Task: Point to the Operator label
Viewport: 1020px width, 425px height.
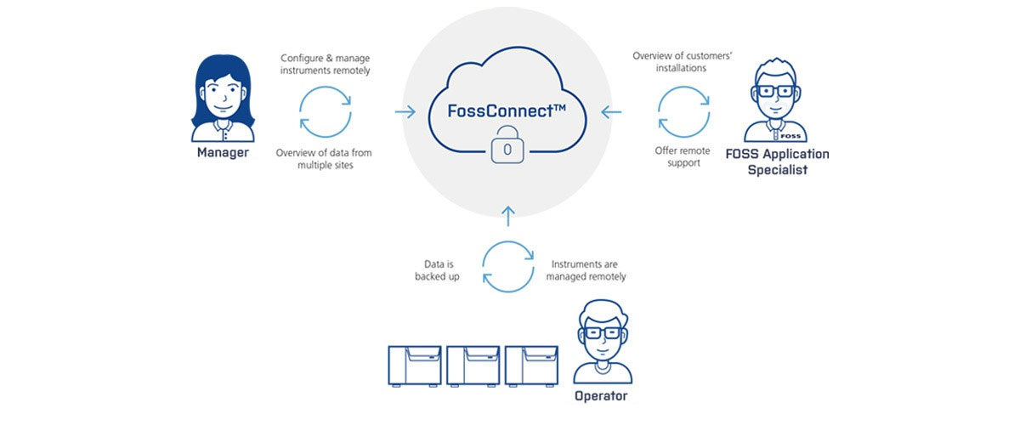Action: (601, 396)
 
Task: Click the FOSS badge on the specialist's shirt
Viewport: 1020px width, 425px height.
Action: (790, 135)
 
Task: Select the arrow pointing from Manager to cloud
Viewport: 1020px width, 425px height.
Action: (404, 111)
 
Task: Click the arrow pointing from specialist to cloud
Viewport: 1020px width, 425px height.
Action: (611, 111)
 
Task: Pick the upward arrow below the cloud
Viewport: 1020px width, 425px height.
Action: (507, 216)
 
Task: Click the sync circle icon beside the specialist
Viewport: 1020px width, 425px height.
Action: (683, 111)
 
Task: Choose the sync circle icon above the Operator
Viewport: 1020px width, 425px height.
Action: (507, 265)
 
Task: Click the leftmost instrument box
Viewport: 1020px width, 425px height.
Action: (415, 366)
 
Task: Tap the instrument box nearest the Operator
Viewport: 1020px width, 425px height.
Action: (530, 366)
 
